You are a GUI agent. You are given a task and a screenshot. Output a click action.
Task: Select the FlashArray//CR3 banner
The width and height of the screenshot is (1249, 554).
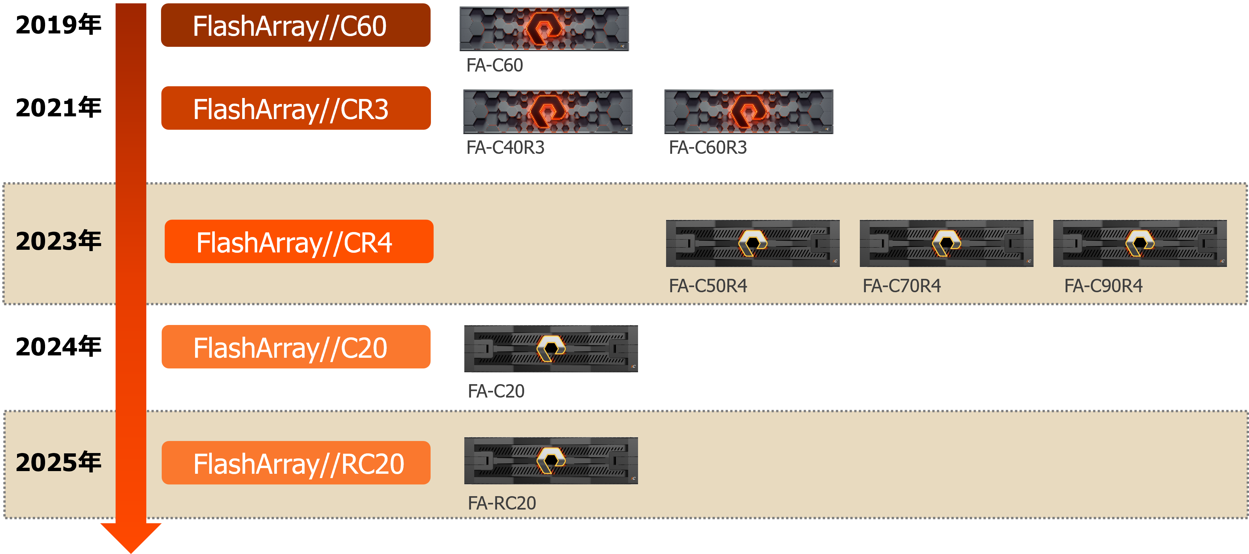click(x=295, y=108)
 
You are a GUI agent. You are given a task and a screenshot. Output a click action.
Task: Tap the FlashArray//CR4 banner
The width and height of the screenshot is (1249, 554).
click(x=299, y=242)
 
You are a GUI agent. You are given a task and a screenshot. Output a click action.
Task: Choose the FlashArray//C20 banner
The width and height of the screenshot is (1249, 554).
click(x=295, y=347)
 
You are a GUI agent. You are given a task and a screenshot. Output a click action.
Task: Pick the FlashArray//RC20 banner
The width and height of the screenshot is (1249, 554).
click(x=295, y=463)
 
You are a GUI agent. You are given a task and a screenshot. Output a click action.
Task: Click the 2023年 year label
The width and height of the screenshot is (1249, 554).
click(x=58, y=241)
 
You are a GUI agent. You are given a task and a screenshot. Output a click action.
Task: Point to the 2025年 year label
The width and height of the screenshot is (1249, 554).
click(x=58, y=462)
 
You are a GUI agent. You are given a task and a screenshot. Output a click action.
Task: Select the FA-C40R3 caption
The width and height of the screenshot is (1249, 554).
click(x=505, y=147)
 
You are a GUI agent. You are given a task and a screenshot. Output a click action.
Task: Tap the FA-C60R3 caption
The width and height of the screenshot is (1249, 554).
click(x=708, y=147)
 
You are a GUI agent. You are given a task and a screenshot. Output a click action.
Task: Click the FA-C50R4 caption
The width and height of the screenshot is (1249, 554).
click(x=708, y=286)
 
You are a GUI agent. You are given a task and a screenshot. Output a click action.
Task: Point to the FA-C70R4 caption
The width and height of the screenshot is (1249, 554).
click(x=901, y=286)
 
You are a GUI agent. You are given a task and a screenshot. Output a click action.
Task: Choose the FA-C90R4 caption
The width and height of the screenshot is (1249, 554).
click(x=1103, y=286)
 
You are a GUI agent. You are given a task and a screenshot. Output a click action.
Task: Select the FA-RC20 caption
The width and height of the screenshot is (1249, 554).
click(x=502, y=503)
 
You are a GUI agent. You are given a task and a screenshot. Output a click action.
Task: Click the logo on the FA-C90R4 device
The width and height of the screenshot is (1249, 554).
click(x=1139, y=242)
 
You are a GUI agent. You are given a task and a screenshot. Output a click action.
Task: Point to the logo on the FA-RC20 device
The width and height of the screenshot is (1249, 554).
click(x=551, y=460)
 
